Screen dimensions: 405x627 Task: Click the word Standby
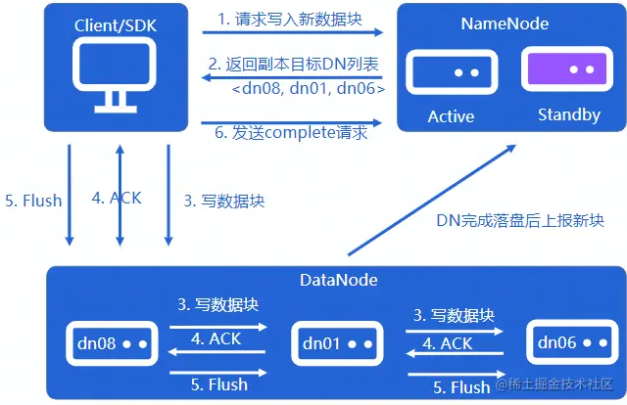(x=569, y=115)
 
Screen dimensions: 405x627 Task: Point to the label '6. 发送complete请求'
(x=292, y=133)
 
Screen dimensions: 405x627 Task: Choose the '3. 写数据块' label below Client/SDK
(x=224, y=201)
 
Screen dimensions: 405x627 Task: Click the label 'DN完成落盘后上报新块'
(x=519, y=220)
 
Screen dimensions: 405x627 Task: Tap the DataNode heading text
(x=339, y=281)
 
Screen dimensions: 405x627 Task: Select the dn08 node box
(x=112, y=343)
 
